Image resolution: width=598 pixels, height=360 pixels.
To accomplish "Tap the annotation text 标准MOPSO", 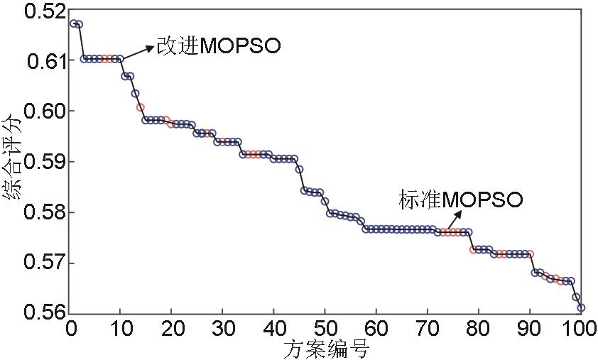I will (x=461, y=200).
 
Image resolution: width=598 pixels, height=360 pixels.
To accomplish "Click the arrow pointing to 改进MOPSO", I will (x=138, y=52).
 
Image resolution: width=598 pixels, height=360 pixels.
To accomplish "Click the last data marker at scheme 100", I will (x=581, y=307).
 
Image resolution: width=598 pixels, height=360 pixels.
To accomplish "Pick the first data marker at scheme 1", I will (x=74, y=23).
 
